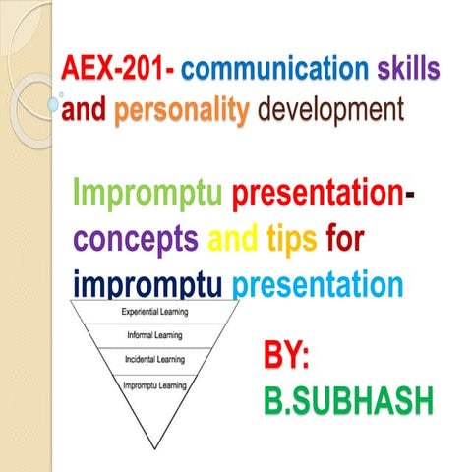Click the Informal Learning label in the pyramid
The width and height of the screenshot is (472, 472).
(154, 336)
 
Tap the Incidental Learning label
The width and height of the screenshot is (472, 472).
(154, 360)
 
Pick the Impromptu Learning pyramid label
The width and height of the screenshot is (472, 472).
(154, 384)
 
